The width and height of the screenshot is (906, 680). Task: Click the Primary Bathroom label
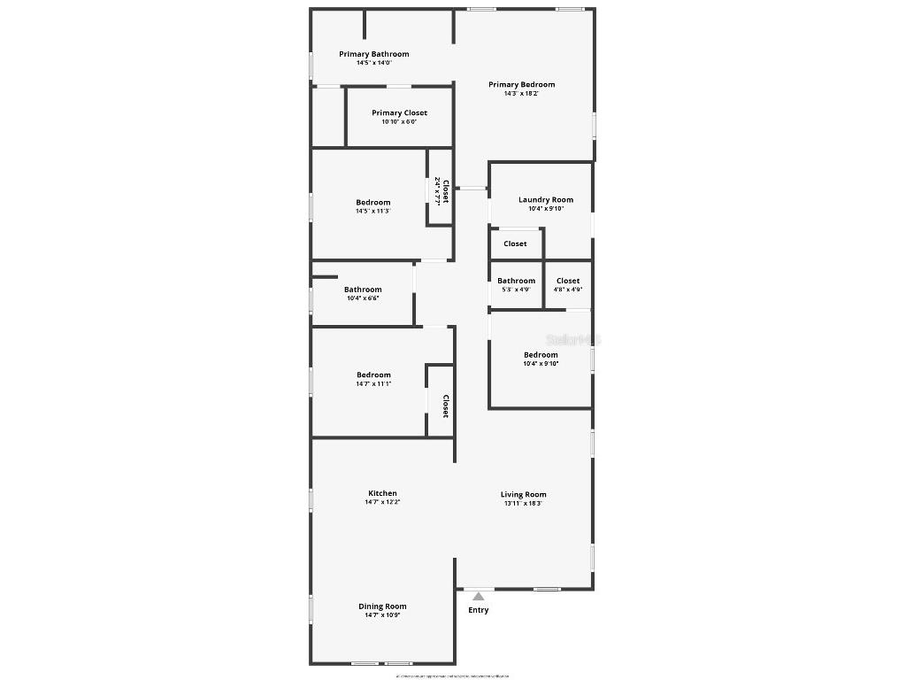[373, 54]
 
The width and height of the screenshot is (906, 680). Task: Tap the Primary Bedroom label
[521, 85]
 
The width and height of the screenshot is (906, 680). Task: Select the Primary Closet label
[399, 113]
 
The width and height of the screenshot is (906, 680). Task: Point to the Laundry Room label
[545, 200]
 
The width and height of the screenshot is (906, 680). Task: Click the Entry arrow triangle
[479, 597]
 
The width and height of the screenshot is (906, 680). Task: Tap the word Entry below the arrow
[478, 610]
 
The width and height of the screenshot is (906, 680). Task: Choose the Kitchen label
[382, 493]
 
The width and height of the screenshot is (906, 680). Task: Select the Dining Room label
[382, 607]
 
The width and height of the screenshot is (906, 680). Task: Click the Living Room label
[523, 495]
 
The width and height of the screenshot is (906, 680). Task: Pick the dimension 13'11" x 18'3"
[523, 504]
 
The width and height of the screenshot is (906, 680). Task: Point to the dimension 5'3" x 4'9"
[516, 290]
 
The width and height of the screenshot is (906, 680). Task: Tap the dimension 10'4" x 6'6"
[363, 298]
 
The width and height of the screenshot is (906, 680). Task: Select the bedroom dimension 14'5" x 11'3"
[372, 212]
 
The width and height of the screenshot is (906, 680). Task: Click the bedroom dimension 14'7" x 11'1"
[372, 384]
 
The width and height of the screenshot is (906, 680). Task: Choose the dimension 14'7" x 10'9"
[382, 615]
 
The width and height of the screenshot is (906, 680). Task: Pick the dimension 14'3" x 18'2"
[521, 94]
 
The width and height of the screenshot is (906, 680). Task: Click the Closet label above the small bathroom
[515, 243]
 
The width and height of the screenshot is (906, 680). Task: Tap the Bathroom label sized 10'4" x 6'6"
[363, 290]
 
